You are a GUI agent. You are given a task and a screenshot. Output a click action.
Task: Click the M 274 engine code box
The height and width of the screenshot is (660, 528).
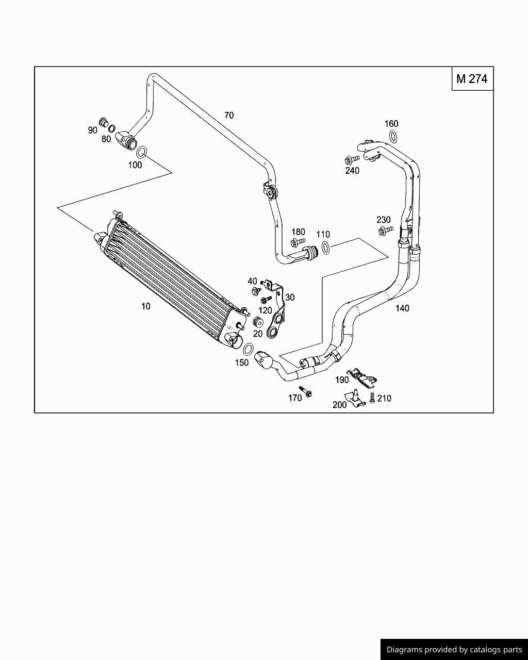[x=472, y=79]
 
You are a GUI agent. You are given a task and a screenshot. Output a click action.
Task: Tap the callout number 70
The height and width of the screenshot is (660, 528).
[x=229, y=115]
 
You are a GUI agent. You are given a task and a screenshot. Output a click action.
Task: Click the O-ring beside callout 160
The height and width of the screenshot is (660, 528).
[x=393, y=137]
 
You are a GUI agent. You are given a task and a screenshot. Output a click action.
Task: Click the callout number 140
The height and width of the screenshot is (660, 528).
[x=402, y=308]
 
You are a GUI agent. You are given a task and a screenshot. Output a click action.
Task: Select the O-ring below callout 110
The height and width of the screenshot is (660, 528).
[x=325, y=247]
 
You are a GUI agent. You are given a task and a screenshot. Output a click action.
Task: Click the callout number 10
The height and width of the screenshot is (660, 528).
[x=146, y=306]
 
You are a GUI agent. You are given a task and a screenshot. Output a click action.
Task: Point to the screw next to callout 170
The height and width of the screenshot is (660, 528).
[x=305, y=391]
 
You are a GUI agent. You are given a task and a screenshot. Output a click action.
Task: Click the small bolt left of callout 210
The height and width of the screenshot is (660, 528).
[x=372, y=398]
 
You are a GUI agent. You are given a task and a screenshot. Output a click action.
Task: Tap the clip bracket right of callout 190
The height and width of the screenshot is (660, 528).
[x=364, y=378]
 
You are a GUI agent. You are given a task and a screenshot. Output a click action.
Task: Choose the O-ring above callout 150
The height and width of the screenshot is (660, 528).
[x=248, y=349]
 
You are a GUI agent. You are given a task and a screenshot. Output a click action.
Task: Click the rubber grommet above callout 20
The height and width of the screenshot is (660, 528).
[x=258, y=323]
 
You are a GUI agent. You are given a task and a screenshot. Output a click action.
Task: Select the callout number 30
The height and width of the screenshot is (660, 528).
[x=290, y=298]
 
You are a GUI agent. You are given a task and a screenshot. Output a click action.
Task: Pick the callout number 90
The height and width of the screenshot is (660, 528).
[x=92, y=130]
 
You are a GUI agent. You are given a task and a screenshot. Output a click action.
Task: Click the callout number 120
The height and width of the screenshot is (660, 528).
[x=265, y=310]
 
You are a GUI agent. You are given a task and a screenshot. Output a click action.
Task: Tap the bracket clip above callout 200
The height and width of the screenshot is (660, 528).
[x=355, y=398]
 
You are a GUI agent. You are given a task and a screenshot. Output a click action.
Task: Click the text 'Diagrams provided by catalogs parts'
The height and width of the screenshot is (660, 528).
[x=454, y=650]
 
